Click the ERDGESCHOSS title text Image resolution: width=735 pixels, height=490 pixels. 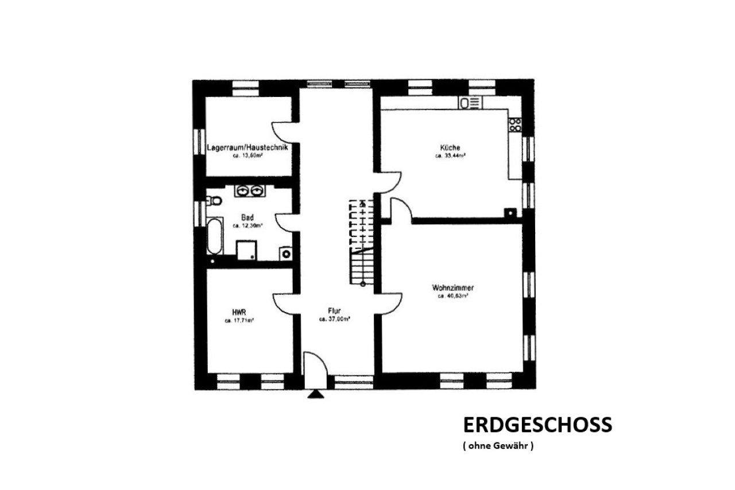click(x=537, y=425)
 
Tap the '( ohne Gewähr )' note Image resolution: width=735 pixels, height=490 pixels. click(x=498, y=446)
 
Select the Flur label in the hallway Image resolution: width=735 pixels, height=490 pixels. click(x=335, y=311)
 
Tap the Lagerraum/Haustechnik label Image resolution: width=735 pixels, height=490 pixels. click(x=247, y=147)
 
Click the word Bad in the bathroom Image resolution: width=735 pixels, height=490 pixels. click(x=247, y=218)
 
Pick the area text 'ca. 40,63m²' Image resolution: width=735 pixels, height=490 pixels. click(x=452, y=296)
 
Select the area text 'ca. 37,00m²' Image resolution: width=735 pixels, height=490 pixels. click(x=335, y=320)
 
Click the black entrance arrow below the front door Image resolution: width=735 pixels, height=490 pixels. click(x=315, y=394)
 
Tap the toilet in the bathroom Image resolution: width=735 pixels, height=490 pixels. click(x=214, y=201)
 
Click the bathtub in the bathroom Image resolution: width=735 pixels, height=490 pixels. click(x=214, y=235)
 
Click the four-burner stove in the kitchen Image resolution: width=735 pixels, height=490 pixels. click(x=514, y=125)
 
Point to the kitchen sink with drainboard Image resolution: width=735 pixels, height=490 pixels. click(x=471, y=102)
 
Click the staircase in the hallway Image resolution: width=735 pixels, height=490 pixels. click(x=362, y=241)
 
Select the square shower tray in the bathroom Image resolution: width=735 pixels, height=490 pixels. click(x=247, y=250)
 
